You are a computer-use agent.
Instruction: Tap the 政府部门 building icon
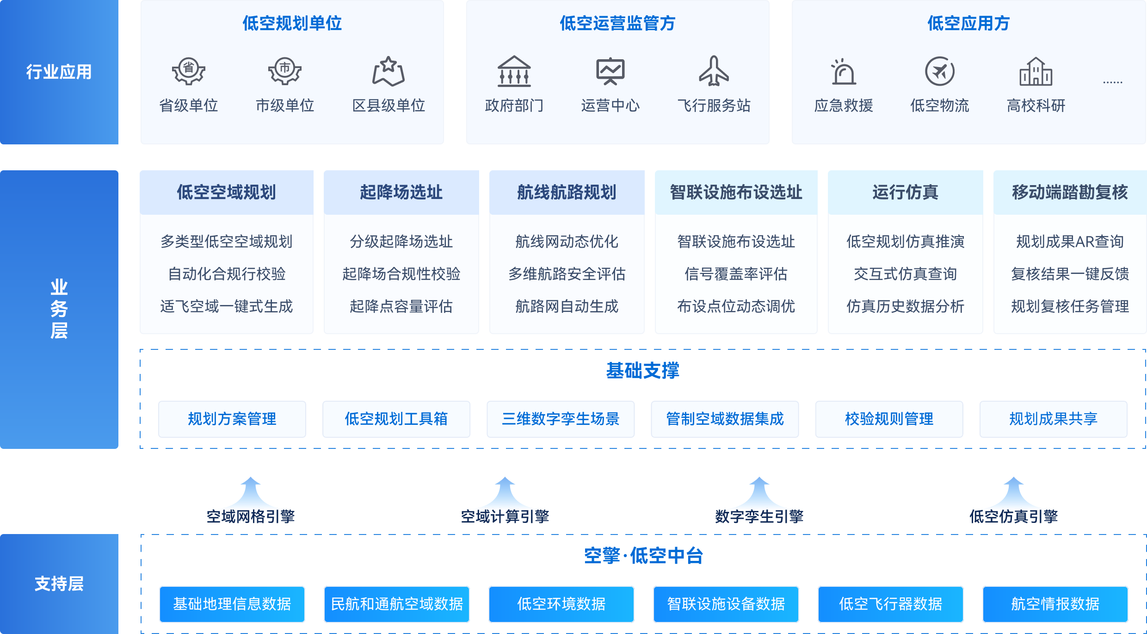(x=514, y=71)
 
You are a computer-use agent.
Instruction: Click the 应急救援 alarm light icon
(x=843, y=72)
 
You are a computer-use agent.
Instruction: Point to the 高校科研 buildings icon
(x=1036, y=72)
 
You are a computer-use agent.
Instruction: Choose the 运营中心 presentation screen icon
(x=610, y=72)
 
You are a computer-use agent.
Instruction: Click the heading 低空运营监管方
(x=617, y=23)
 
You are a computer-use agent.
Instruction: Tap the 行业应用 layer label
(x=59, y=72)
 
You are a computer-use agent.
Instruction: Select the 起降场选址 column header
(x=401, y=192)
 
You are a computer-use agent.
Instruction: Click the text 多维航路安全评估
(x=567, y=274)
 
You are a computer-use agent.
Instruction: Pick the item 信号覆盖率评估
(x=736, y=274)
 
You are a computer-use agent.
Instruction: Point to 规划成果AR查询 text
(x=1070, y=242)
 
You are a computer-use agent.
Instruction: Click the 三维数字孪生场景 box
(x=561, y=419)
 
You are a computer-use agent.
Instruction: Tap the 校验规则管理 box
(x=889, y=419)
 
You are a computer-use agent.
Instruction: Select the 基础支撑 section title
(x=642, y=371)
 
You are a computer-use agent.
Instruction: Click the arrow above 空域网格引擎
(x=251, y=493)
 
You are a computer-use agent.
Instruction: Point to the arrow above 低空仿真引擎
(x=1013, y=493)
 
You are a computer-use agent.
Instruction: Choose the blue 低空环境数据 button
(x=561, y=604)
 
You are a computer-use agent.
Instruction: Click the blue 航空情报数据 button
(x=1055, y=604)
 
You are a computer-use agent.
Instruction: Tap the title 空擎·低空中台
(x=643, y=556)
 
